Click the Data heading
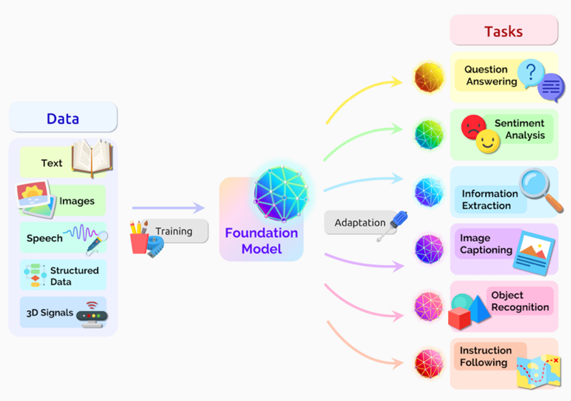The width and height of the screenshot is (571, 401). point(63,119)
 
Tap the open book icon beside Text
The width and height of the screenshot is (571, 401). point(92,158)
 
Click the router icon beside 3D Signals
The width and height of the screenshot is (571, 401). point(92,314)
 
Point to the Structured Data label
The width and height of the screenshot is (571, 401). point(74,276)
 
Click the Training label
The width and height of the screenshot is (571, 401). point(174,232)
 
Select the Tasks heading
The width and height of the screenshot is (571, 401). point(504,31)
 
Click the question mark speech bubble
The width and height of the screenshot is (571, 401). point(531,73)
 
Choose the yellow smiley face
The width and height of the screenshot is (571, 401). point(488,141)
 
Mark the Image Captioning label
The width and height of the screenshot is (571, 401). point(486,244)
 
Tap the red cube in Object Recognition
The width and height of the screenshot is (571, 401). point(459,318)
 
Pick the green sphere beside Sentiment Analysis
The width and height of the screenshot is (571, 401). point(429,135)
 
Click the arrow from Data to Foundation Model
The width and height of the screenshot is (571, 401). point(168,208)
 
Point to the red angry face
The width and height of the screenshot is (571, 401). point(473,126)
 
